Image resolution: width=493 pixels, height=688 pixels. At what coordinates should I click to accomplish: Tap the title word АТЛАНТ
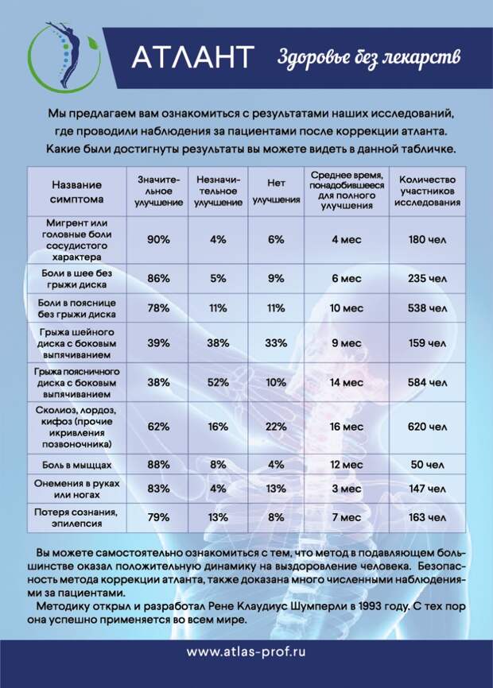click(x=192, y=57)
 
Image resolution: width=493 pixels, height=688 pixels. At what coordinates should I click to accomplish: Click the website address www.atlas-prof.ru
click(x=246, y=652)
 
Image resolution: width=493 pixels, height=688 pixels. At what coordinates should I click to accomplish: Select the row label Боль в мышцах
click(x=76, y=463)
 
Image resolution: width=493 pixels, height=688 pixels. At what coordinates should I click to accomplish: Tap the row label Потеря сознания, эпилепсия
click(x=76, y=517)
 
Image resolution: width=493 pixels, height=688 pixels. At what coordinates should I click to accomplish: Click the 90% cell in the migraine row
click(x=159, y=239)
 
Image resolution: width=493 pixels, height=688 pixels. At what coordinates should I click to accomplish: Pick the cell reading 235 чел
click(x=427, y=279)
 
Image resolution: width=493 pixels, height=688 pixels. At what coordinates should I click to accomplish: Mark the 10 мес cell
click(x=347, y=308)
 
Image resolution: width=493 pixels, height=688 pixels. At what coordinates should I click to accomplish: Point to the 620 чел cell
click(x=427, y=427)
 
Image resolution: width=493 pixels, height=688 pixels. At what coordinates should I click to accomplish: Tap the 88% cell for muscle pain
click(x=159, y=464)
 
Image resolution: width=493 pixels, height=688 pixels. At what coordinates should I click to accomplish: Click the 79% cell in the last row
click(x=159, y=517)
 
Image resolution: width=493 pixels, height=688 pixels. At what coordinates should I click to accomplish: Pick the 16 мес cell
click(x=347, y=427)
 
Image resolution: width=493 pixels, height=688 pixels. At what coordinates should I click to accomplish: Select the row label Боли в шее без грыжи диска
click(x=76, y=279)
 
